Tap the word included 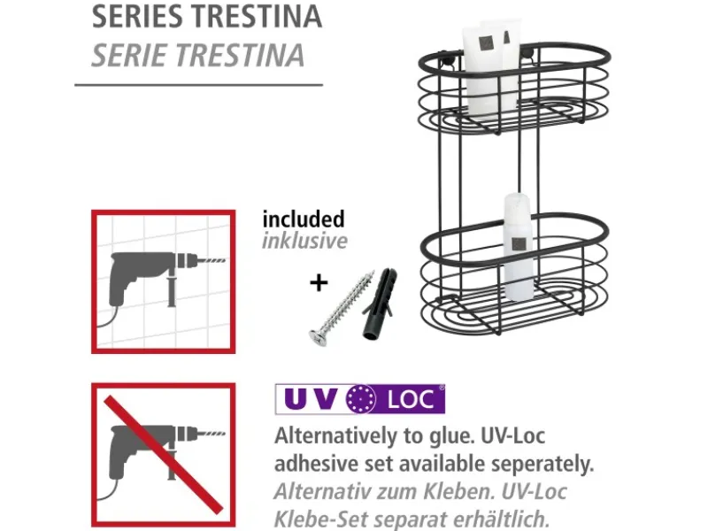[x=303, y=219]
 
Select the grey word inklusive [x=304, y=241]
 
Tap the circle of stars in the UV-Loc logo [x=362, y=399]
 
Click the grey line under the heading [x=198, y=85]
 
